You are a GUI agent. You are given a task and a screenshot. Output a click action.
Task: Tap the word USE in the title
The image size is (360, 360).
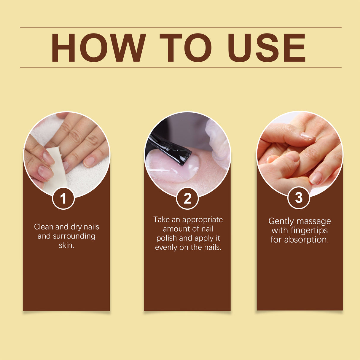(x=266, y=48)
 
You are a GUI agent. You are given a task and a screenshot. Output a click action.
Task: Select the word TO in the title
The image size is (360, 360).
(x=185, y=48)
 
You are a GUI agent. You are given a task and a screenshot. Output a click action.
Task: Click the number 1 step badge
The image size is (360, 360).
(x=63, y=198)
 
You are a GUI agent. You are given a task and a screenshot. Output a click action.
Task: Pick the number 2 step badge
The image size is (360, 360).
(x=187, y=198)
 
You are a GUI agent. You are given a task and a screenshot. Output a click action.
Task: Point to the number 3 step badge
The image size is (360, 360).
(x=299, y=198)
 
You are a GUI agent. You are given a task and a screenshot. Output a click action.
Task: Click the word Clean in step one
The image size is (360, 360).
(x=44, y=227)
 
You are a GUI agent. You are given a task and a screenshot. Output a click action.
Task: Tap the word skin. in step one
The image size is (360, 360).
(x=66, y=245)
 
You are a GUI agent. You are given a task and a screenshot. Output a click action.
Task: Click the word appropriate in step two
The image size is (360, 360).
(x=203, y=220)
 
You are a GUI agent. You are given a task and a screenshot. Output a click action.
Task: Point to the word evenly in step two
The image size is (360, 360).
(x=166, y=247)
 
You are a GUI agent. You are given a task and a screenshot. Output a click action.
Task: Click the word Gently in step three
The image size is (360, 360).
(x=281, y=222)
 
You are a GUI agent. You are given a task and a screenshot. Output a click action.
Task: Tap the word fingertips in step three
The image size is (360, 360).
(x=309, y=230)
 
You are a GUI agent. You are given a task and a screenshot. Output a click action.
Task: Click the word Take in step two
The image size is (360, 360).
(x=161, y=220)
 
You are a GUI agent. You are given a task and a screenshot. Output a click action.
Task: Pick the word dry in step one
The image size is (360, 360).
(x=76, y=227)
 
